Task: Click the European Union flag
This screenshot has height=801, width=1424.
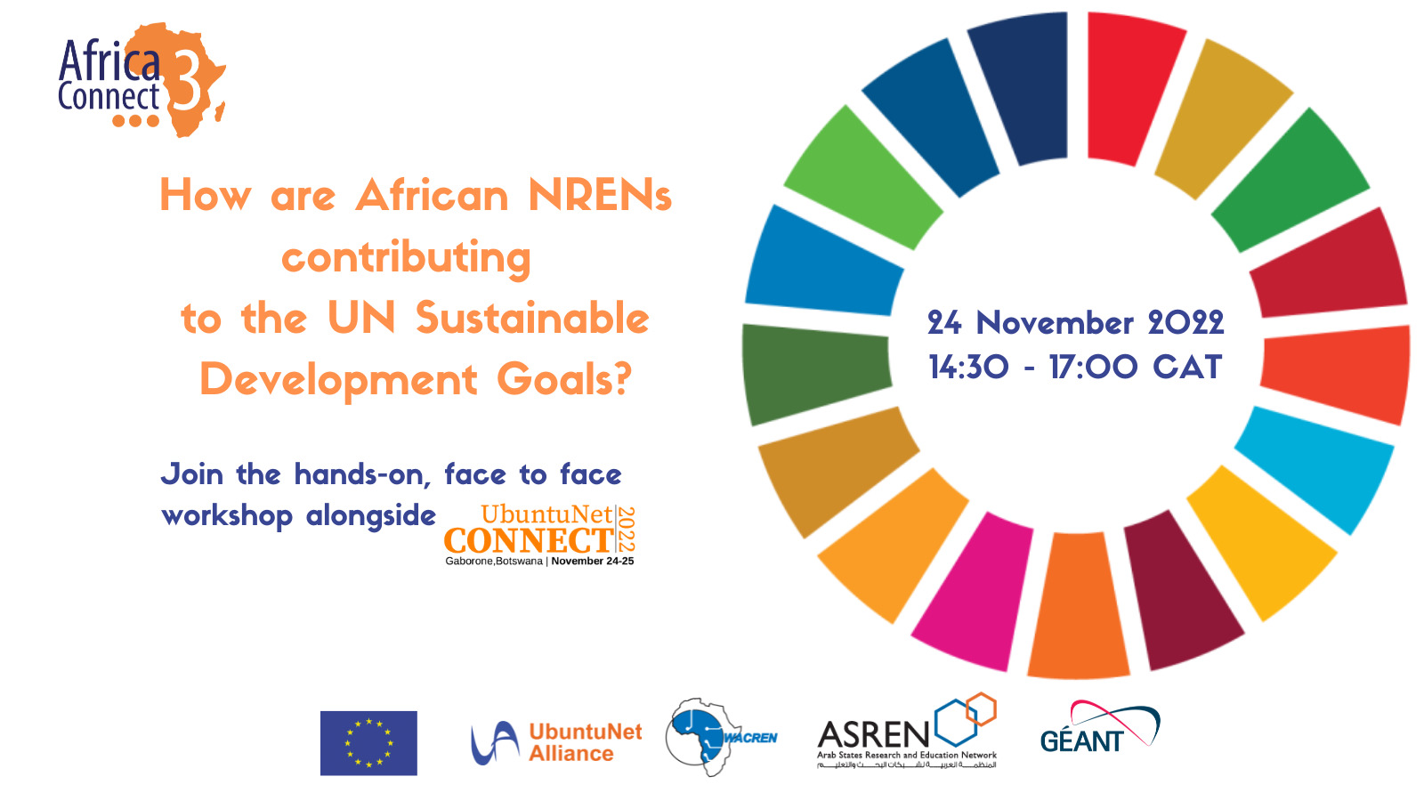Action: click(368, 743)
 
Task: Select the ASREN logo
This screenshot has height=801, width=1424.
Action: click(907, 732)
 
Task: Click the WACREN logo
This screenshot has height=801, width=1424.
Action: click(721, 736)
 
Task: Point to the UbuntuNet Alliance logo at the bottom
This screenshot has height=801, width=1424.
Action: click(556, 742)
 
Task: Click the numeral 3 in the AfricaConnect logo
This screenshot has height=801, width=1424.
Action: click(188, 80)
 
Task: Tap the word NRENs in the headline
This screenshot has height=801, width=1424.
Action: click(600, 196)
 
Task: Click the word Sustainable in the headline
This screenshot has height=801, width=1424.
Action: click(532, 319)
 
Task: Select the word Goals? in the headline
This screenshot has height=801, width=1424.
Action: click(564, 380)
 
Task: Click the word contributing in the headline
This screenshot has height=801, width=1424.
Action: click(407, 258)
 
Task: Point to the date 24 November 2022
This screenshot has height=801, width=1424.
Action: click(1075, 322)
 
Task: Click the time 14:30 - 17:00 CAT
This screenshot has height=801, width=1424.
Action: click(1075, 367)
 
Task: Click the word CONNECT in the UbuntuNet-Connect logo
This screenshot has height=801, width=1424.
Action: click(529, 540)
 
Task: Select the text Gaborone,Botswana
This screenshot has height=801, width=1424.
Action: click(493, 562)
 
